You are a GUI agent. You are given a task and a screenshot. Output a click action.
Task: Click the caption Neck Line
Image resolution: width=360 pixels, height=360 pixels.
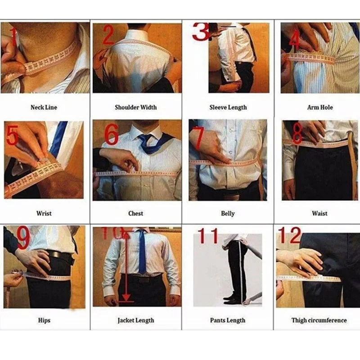pyautogui.click(x=44, y=108)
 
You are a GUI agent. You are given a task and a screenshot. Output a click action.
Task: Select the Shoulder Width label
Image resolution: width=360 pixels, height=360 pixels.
pyautogui.click(x=136, y=108)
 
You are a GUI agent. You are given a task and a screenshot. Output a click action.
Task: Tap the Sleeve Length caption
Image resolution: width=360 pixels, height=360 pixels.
pyautogui.click(x=228, y=108)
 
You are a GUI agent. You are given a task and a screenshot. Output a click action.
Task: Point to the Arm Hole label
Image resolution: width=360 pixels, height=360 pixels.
pyautogui.click(x=320, y=108)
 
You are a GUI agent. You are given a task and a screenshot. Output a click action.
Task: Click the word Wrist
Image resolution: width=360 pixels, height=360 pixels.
pyautogui.click(x=44, y=213)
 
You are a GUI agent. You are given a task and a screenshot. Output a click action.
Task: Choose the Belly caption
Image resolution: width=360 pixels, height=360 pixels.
pyautogui.click(x=228, y=214)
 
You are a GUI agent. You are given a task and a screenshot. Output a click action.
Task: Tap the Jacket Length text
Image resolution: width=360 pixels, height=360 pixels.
pyautogui.click(x=136, y=320)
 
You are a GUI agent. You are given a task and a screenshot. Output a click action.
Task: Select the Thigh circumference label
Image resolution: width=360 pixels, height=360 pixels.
pyautogui.click(x=319, y=320)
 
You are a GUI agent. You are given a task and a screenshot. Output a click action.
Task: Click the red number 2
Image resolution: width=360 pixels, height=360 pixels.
pyautogui.click(x=108, y=35)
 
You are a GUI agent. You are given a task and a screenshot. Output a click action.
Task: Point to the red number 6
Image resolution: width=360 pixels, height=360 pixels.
pyautogui.click(x=112, y=135)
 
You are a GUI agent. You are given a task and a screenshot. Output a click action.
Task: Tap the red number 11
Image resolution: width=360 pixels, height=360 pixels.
pyautogui.click(x=208, y=235)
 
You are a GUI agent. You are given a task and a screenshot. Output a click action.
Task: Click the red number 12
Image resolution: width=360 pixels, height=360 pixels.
pyautogui.click(x=289, y=235)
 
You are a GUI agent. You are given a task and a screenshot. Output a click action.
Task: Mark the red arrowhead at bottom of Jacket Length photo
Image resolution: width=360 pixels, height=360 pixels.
pyautogui.click(x=126, y=298)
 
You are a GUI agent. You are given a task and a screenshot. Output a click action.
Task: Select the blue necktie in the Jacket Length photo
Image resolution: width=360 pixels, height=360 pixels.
pyautogui.click(x=142, y=252)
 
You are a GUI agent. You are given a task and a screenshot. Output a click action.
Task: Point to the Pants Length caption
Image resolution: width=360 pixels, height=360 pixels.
pyautogui.click(x=228, y=320)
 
